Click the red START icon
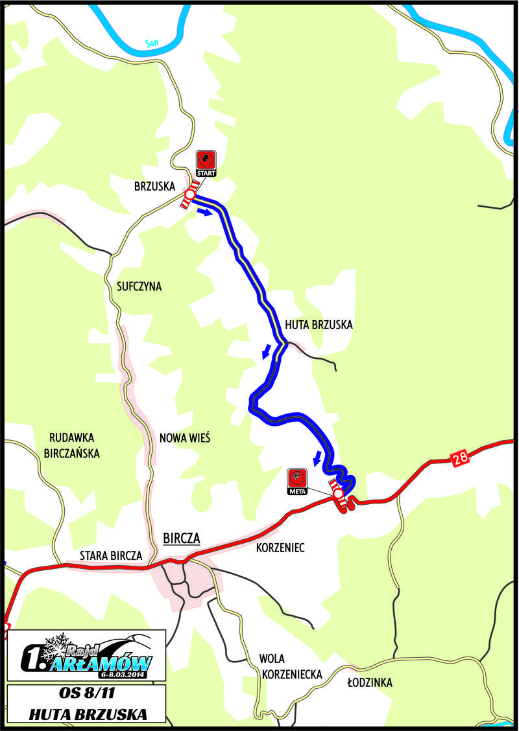(x=206, y=162)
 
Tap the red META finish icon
(x=297, y=480)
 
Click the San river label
(x=152, y=43)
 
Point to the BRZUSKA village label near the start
(x=155, y=185)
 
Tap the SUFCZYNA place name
(x=139, y=286)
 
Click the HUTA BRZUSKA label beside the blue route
(x=318, y=325)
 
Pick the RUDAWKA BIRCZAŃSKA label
(x=71, y=445)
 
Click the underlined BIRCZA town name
(x=182, y=539)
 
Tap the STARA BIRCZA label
(x=111, y=555)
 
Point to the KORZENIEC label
(x=280, y=548)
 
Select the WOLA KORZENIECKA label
(x=292, y=666)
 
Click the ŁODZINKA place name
(x=370, y=682)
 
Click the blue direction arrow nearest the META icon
(x=317, y=458)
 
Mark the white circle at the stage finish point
(x=338, y=494)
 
